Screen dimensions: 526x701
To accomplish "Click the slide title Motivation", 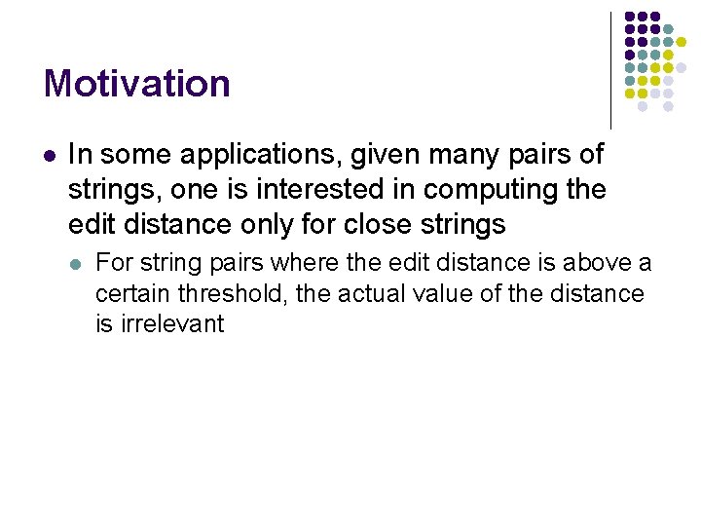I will (x=137, y=84).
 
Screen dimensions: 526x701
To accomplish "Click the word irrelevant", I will (x=171, y=324).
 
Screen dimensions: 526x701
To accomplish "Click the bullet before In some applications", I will (x=50, y=155).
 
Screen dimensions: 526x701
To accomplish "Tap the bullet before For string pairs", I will (x=77, y=262).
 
